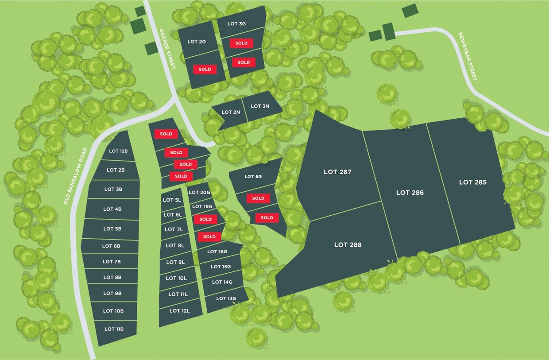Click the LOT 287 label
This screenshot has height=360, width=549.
[337, 172]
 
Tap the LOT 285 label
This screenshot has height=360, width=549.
[472, 182]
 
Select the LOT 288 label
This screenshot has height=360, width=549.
[348, 244]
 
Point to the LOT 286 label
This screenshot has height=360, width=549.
[410, 193]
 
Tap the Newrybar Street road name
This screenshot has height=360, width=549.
[468, 56]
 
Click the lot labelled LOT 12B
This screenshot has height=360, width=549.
[118, 151]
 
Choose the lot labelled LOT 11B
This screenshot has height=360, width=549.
[114, 329]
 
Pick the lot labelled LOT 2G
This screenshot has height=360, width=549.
[197, 42]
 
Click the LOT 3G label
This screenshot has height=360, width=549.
[236, 24]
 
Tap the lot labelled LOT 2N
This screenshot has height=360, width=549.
[231, 112]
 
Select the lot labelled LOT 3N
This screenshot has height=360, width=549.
[260, 106]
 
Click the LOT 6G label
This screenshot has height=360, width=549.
[253, 176]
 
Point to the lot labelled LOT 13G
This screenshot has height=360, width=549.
[226, 298]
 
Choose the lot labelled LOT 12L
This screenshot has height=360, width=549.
[179, 311]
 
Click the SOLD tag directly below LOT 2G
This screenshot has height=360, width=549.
[205, 70]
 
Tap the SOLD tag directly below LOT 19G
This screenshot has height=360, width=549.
[205, 219]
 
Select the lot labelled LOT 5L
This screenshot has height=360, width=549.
[172, 200]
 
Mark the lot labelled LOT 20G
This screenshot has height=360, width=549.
[199, 193]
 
